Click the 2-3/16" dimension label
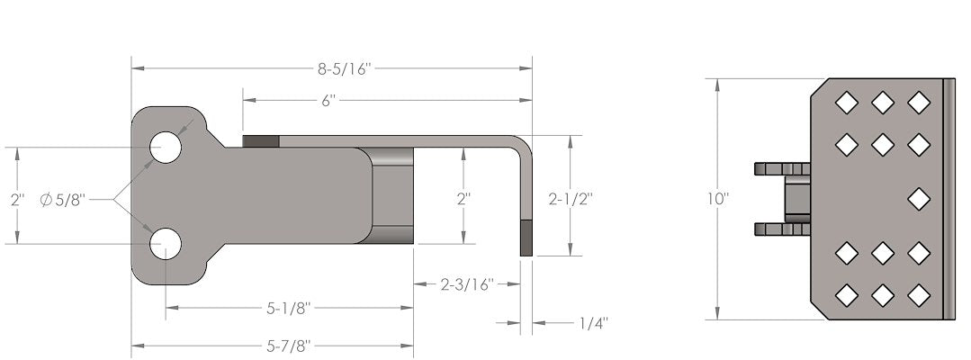(466, 284)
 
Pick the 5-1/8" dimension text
(288, 309)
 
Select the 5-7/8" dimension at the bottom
(288, 346)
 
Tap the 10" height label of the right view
(717, 199)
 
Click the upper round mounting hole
(166, 148)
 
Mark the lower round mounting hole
(166, 244)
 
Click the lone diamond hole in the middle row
(918, 198)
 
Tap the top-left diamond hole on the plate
(846, 103)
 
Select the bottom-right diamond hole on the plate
(918, 294)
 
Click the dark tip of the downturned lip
(526, 240)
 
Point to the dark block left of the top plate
(261, 141)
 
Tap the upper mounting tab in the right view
(781, 168)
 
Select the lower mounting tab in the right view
(781, 229)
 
